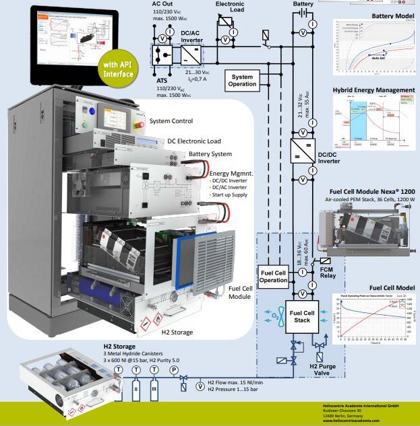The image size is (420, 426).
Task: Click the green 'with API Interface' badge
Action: coord(118,70)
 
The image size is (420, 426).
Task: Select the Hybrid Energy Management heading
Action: coord(373,90)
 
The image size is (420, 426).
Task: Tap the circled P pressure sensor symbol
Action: coord(173,370)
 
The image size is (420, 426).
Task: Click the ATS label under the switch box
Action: coord(162,80)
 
